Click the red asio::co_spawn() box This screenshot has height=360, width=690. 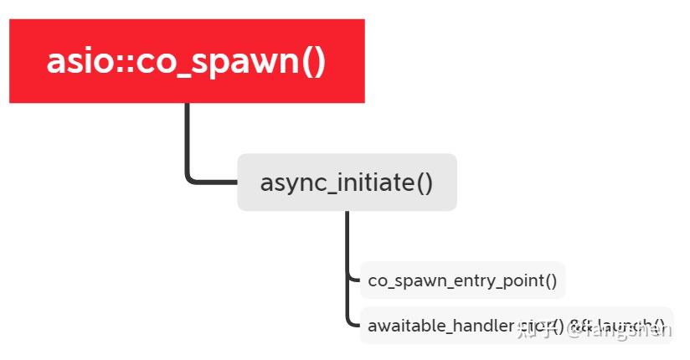187,61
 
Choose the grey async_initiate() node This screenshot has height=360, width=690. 347,183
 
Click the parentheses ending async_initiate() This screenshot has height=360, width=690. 424,183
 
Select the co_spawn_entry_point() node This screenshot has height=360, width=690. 462,280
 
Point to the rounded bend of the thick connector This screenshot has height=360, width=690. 190,177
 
